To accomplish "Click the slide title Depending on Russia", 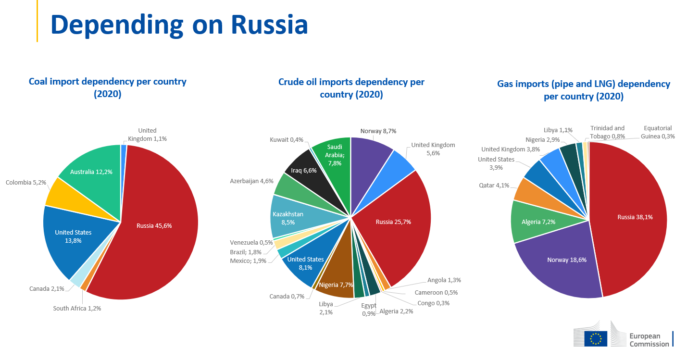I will [179, 25].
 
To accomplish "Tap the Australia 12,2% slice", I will [91, 172].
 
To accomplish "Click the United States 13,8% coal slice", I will [73, 236].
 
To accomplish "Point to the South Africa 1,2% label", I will [77, 309].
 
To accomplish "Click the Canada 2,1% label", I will [47, 288].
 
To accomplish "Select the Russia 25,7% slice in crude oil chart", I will [393, 222].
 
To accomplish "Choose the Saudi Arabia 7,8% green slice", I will [334, 155].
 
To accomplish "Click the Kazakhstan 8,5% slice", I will [288, 218].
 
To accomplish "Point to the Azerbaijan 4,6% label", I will [251, 181].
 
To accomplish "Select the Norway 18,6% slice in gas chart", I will [567, 260].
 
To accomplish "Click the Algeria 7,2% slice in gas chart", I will [532, 222].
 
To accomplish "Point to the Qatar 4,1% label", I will [494, 185].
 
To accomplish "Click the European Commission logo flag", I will [596, 338].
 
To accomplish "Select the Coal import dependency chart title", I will [108, 87].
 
